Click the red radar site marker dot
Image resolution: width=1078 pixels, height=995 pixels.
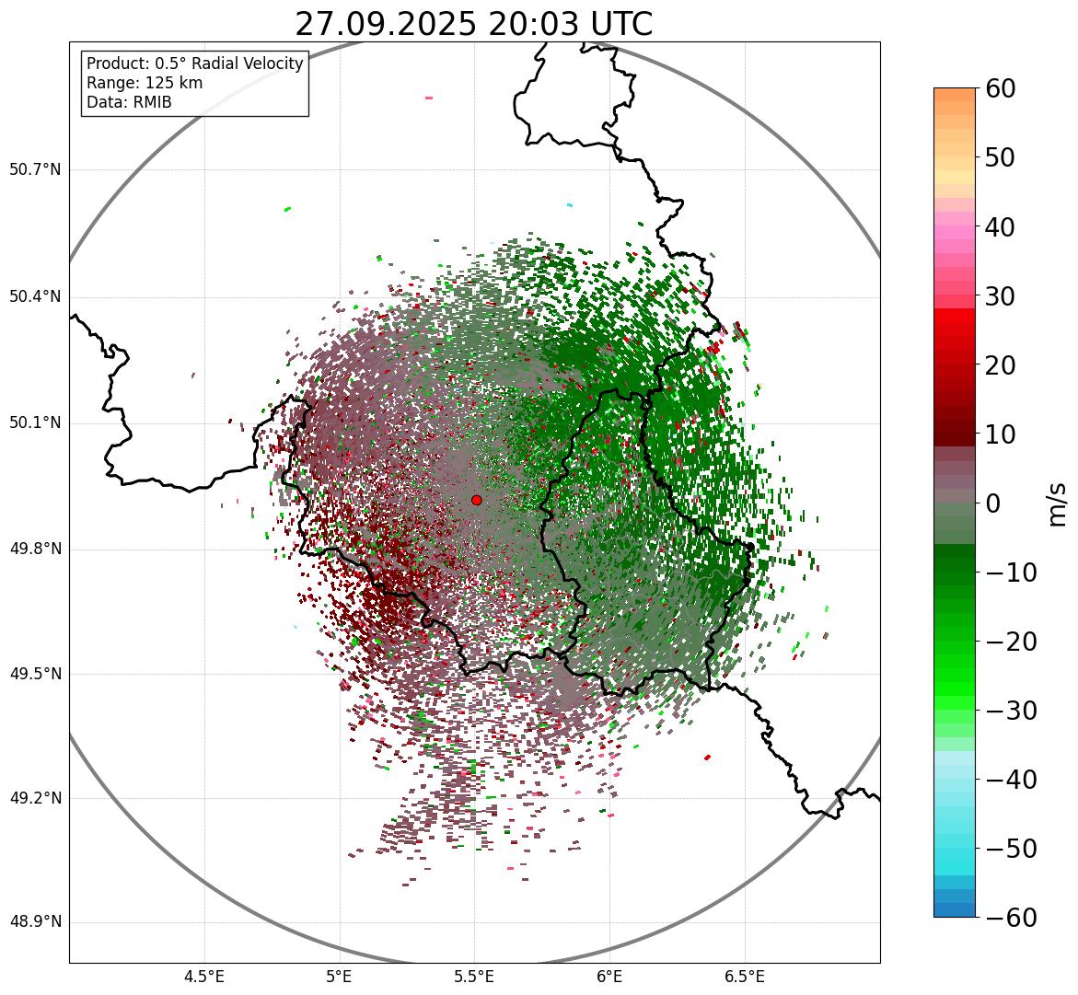476,500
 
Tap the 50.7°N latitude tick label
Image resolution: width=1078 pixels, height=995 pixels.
35,170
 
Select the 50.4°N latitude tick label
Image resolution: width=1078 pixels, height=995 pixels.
35,297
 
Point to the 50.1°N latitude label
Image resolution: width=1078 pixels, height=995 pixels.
35,423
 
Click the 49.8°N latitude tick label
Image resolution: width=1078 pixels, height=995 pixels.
35,550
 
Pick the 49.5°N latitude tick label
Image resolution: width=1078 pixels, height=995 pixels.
35,674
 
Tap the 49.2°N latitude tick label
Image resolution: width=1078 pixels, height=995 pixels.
35,798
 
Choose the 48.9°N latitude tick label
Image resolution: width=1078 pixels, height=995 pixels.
35,922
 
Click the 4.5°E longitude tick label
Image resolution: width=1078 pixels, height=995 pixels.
204,977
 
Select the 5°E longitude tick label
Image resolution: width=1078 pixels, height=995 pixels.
340,977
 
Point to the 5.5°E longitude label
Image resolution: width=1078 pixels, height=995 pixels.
474,977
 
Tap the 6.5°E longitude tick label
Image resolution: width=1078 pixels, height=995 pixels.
744,977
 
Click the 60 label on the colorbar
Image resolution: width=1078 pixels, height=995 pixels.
1001,88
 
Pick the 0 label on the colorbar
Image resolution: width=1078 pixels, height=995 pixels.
993,503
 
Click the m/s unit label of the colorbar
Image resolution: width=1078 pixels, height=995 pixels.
1057,503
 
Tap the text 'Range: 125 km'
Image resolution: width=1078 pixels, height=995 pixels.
145,83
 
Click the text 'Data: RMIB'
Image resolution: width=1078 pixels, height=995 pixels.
129,102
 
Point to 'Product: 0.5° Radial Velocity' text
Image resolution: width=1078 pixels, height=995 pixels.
194,64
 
